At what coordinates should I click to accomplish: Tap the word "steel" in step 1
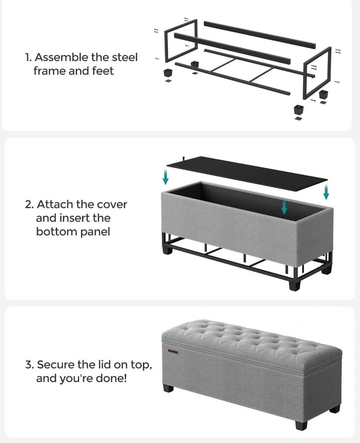(125, 57)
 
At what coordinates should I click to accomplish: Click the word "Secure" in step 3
(56, 365)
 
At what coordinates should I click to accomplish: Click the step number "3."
(30, 365)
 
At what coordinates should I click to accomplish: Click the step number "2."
(30, 204)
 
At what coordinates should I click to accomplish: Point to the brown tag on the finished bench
(173, 351)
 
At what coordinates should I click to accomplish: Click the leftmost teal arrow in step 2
(165, 177)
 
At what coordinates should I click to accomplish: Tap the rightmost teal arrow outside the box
(326, 192)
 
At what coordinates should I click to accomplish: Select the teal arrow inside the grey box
(284, 207)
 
